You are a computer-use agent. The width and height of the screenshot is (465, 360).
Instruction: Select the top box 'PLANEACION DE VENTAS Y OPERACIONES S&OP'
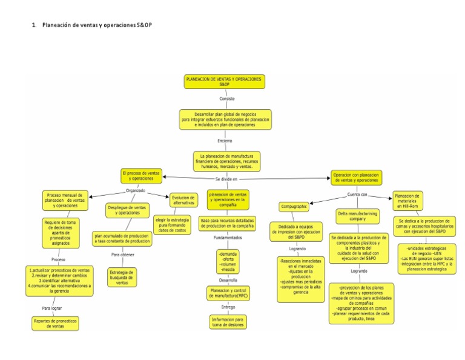pos(225,82)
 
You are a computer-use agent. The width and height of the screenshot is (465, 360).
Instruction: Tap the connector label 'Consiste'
pos(227,98)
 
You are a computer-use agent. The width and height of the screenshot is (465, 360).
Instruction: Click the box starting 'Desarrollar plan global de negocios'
pos(225,119)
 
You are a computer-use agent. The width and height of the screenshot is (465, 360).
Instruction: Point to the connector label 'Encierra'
pos(225,141)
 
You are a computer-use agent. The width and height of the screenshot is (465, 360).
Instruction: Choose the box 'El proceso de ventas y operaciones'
pos(142,176)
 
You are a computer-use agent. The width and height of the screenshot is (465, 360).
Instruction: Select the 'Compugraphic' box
pos(294,207)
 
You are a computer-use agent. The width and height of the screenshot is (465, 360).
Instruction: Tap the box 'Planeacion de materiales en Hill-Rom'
pos(407,200)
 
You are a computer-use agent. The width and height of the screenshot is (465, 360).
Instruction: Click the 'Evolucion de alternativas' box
pos(183,201)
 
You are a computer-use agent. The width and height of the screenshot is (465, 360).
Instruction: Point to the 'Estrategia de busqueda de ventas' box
pos(122,278)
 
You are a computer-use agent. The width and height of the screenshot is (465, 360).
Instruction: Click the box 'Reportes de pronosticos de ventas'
pos(56,323)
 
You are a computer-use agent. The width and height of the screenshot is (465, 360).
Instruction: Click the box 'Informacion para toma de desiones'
pos(228,321)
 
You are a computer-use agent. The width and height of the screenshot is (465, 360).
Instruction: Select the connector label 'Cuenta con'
pos(357,195)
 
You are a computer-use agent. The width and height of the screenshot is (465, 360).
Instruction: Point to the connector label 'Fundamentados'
pos(228,238)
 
